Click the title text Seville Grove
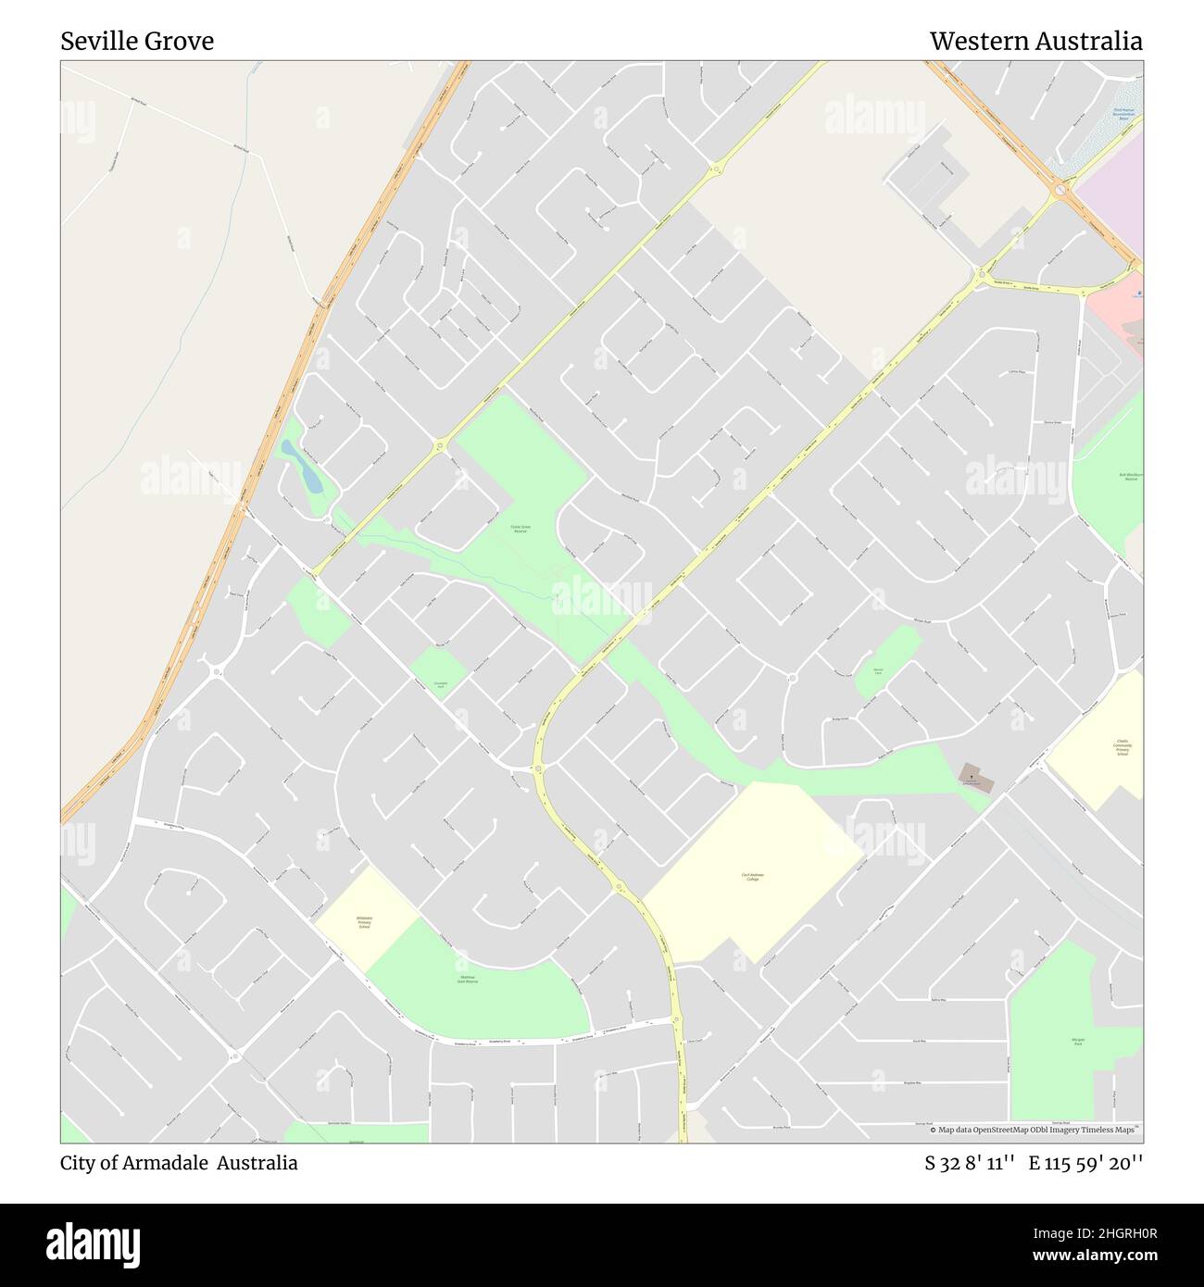(x=137, y=42)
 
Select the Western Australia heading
(x=1035, y=42)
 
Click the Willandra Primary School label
(x=364, y=922)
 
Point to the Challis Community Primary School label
(x=1122, y=747)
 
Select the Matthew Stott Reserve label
(x=467, y=979)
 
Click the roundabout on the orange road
(x=1061, y=191)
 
